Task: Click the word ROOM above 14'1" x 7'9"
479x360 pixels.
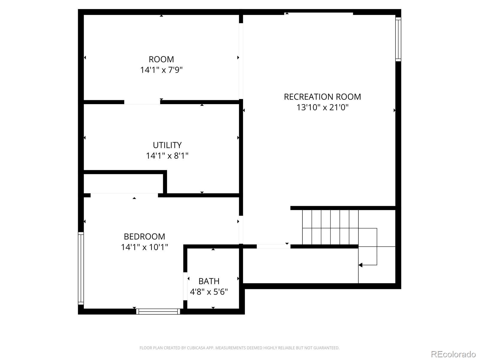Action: point(161,59)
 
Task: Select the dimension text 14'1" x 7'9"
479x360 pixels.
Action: point(161,70)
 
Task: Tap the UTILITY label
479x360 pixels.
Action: point(167,145)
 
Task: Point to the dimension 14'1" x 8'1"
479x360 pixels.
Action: point(167,156)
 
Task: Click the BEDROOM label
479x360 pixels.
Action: point(145,236)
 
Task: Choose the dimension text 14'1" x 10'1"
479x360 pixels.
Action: point(145,247)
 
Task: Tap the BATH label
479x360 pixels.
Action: point(209,281)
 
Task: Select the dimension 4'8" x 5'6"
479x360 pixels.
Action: point(209,292)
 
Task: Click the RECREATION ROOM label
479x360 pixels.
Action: point(322,97)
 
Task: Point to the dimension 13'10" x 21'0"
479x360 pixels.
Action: point(322,107)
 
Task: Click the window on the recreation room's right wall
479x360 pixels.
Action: point(398,39)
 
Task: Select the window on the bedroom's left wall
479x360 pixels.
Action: point(81,268)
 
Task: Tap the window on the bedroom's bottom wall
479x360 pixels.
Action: point(158,311)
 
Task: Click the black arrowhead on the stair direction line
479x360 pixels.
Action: point(360,265)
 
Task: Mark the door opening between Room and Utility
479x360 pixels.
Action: point(142,102)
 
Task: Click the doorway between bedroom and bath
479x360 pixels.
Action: point(185,286)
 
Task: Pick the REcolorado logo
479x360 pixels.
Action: point(454,354)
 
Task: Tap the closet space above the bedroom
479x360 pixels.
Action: point(123,184)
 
